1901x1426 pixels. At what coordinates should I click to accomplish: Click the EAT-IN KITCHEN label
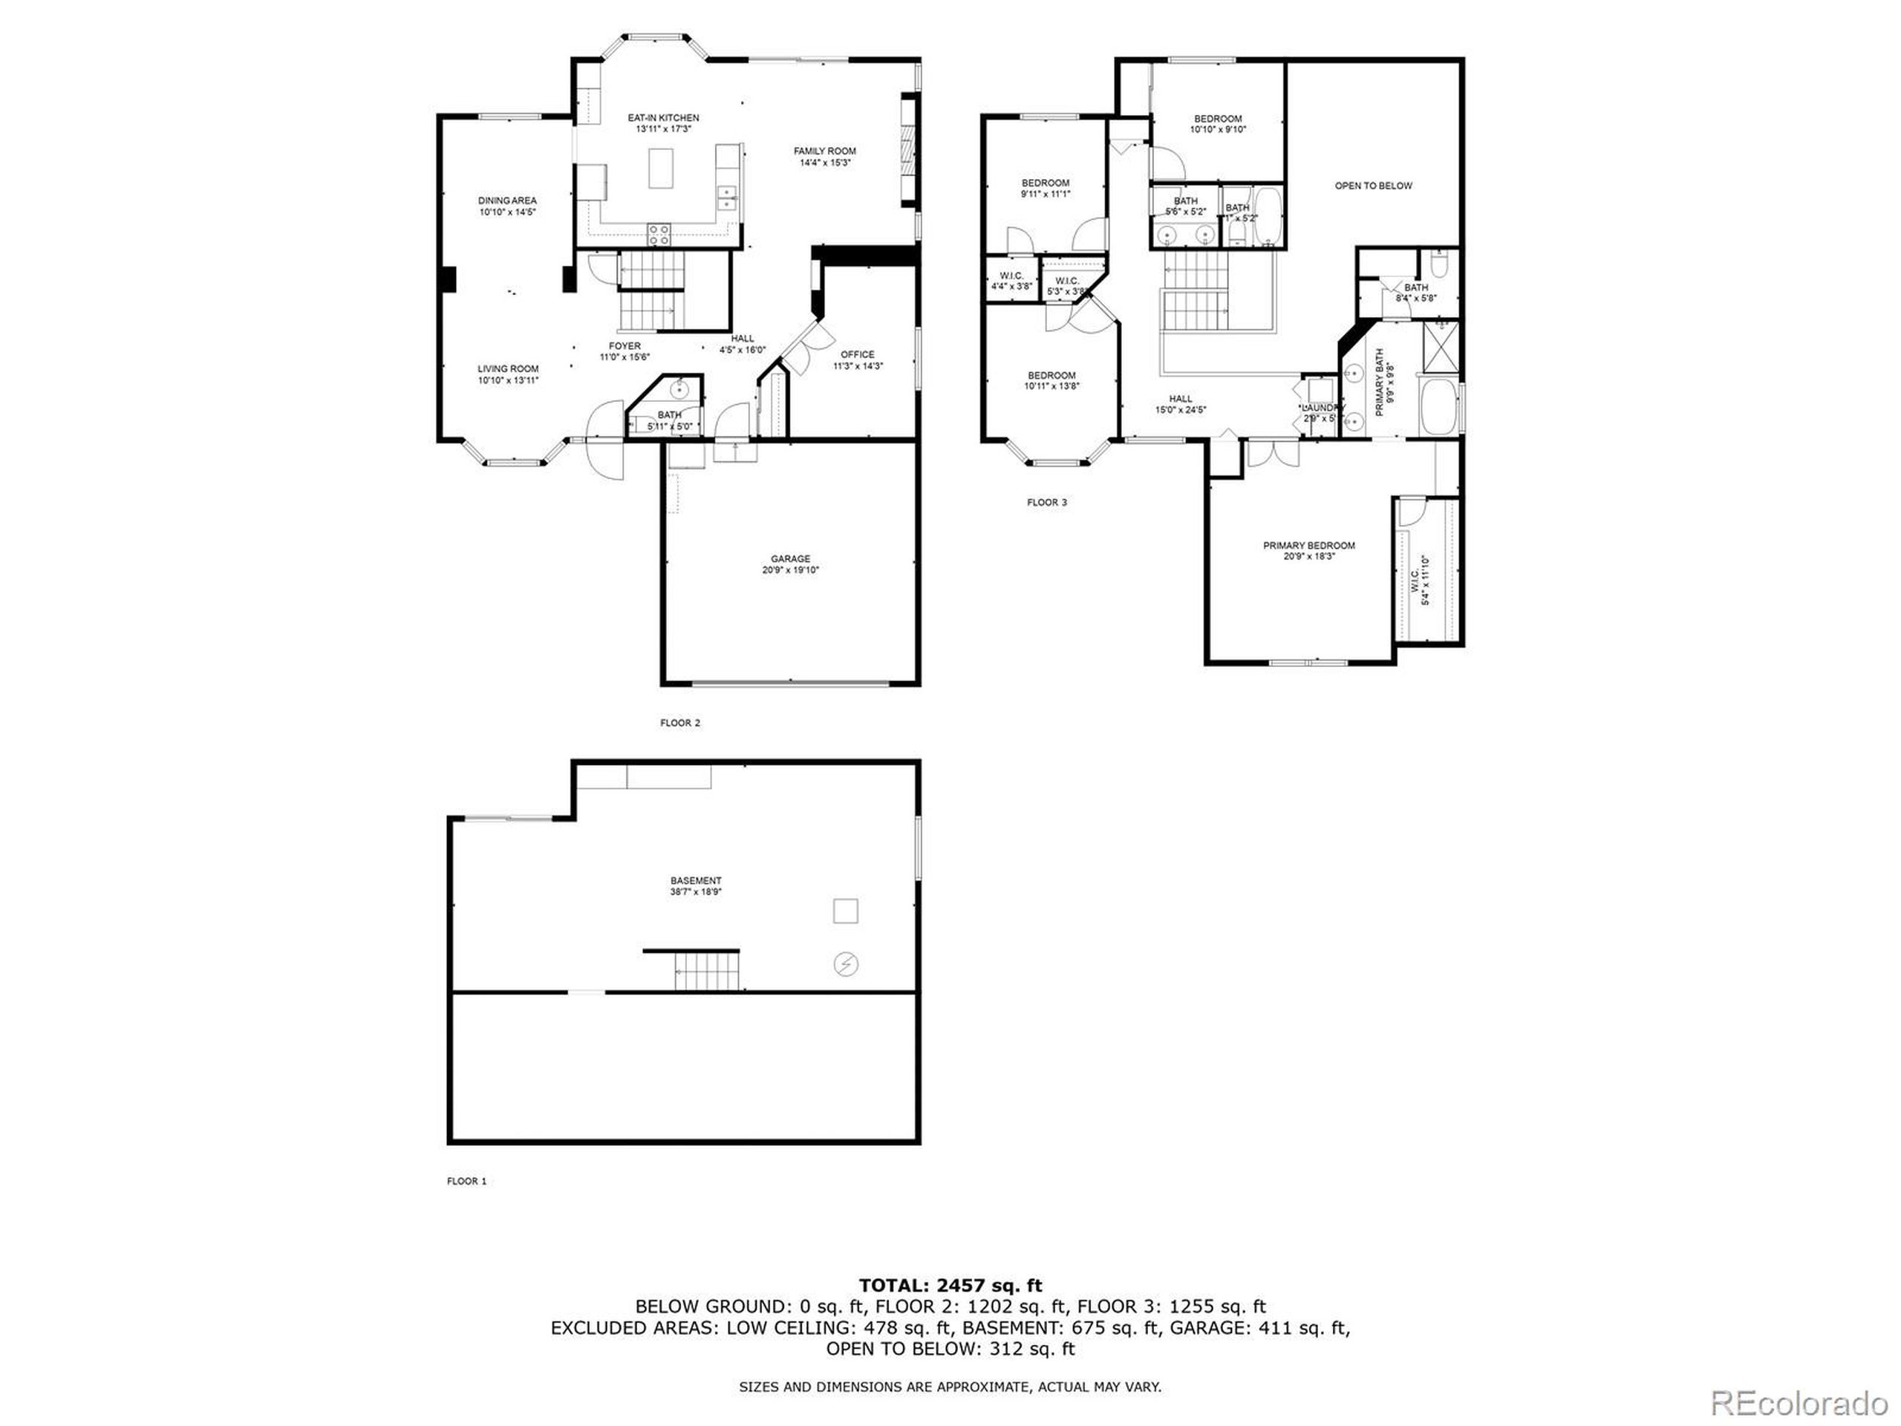tap(662, 118)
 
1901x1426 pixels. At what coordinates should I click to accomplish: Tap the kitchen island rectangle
tap(661, 168)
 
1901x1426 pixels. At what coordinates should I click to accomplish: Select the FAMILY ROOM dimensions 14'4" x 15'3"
tap(824, 163)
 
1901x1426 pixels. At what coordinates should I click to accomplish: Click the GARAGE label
tap(790, 559)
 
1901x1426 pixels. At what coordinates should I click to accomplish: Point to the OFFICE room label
tap(857, 354)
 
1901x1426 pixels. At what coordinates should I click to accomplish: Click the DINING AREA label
tap(507, 201)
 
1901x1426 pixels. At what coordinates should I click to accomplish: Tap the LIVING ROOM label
tap(508, 368)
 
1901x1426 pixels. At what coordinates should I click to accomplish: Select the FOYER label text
tap(624, 346)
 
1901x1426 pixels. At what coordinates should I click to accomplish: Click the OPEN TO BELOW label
tap(1372, 186)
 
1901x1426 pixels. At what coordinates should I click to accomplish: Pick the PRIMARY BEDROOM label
tap(1308, 545)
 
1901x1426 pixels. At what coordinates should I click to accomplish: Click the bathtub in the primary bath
tap(1438, 409)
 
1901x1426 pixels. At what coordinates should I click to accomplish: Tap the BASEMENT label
tap(695, 880)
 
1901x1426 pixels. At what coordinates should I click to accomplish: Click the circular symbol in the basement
tap(846, 965)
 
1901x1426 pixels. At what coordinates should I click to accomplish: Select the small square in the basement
tap(846, 911)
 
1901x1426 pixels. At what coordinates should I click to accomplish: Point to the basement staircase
tap(706, 971)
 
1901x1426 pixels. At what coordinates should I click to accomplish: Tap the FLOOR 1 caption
tap(466, 1181)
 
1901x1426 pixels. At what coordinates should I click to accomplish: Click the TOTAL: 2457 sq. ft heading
tap(950, 1285)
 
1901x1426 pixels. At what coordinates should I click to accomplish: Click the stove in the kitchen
tap(659, 234)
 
